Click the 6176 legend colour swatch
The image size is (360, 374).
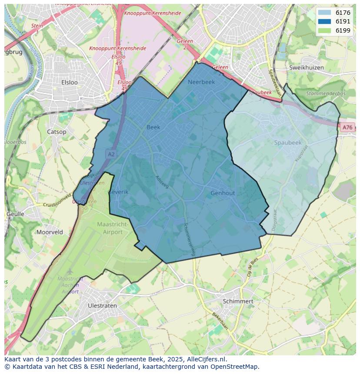coord(324,13)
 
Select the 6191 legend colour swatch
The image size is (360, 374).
coord(324,21)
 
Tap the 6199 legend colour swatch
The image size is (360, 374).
coord(324,30)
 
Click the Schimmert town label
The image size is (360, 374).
coord(238,301)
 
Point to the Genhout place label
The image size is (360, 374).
coord(223,193)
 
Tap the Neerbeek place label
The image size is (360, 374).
coord(201,82)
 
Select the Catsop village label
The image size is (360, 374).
coord(57,132)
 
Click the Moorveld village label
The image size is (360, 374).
coord(50,232)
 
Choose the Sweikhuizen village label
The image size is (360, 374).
coord(307,68)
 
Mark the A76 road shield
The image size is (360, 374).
coord(347,127)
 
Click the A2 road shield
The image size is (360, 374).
coord(111,154)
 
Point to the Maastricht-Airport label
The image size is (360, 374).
coord(113,228)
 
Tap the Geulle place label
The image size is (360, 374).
coord(15,214)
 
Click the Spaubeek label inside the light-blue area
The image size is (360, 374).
coord(288,142)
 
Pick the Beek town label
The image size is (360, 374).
coord(153,127)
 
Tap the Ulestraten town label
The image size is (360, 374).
coord(102,305)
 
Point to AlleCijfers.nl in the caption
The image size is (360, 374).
coord(204,359)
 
